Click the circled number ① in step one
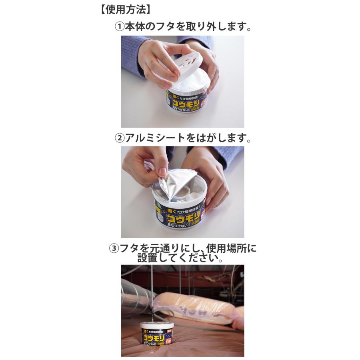pyautogui.click(x=120, y=27)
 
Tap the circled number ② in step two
pyautogui.click(x=120, y=138)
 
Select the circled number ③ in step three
pyautogui.click(x=114, y=248)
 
